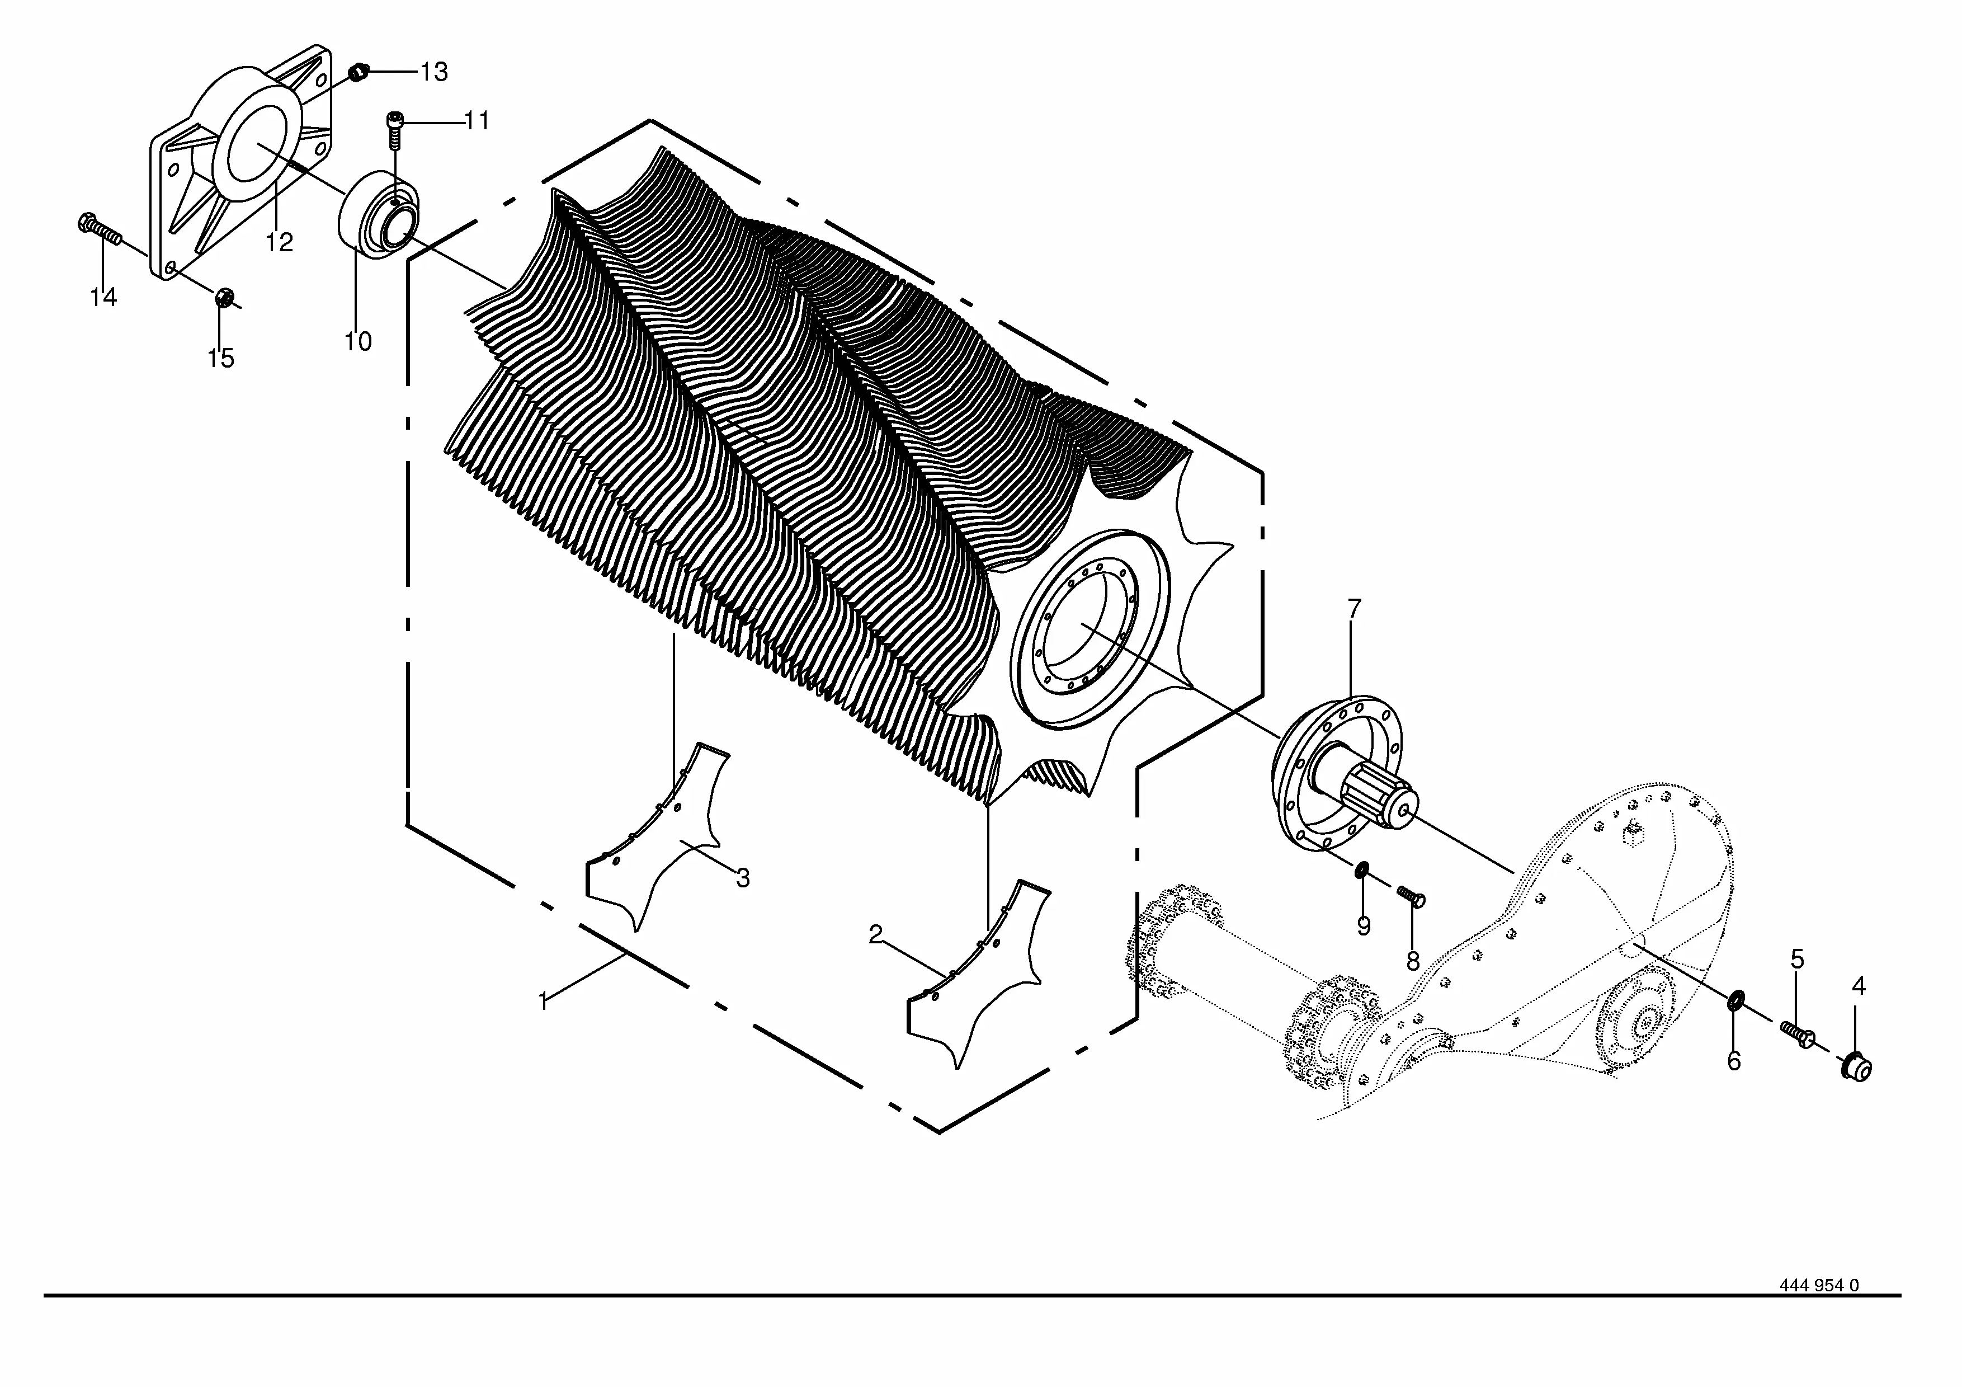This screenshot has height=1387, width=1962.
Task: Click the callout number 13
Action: [433, 72]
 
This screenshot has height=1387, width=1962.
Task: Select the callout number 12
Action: [280, 243]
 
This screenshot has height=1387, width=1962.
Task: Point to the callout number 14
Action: [103, 298]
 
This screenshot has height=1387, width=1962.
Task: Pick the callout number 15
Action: [220, 358]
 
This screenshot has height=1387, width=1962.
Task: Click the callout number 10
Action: [358, 342]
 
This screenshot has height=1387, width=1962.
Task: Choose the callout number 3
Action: [743, 878]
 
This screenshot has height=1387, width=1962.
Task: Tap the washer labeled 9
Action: [1362, 871]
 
